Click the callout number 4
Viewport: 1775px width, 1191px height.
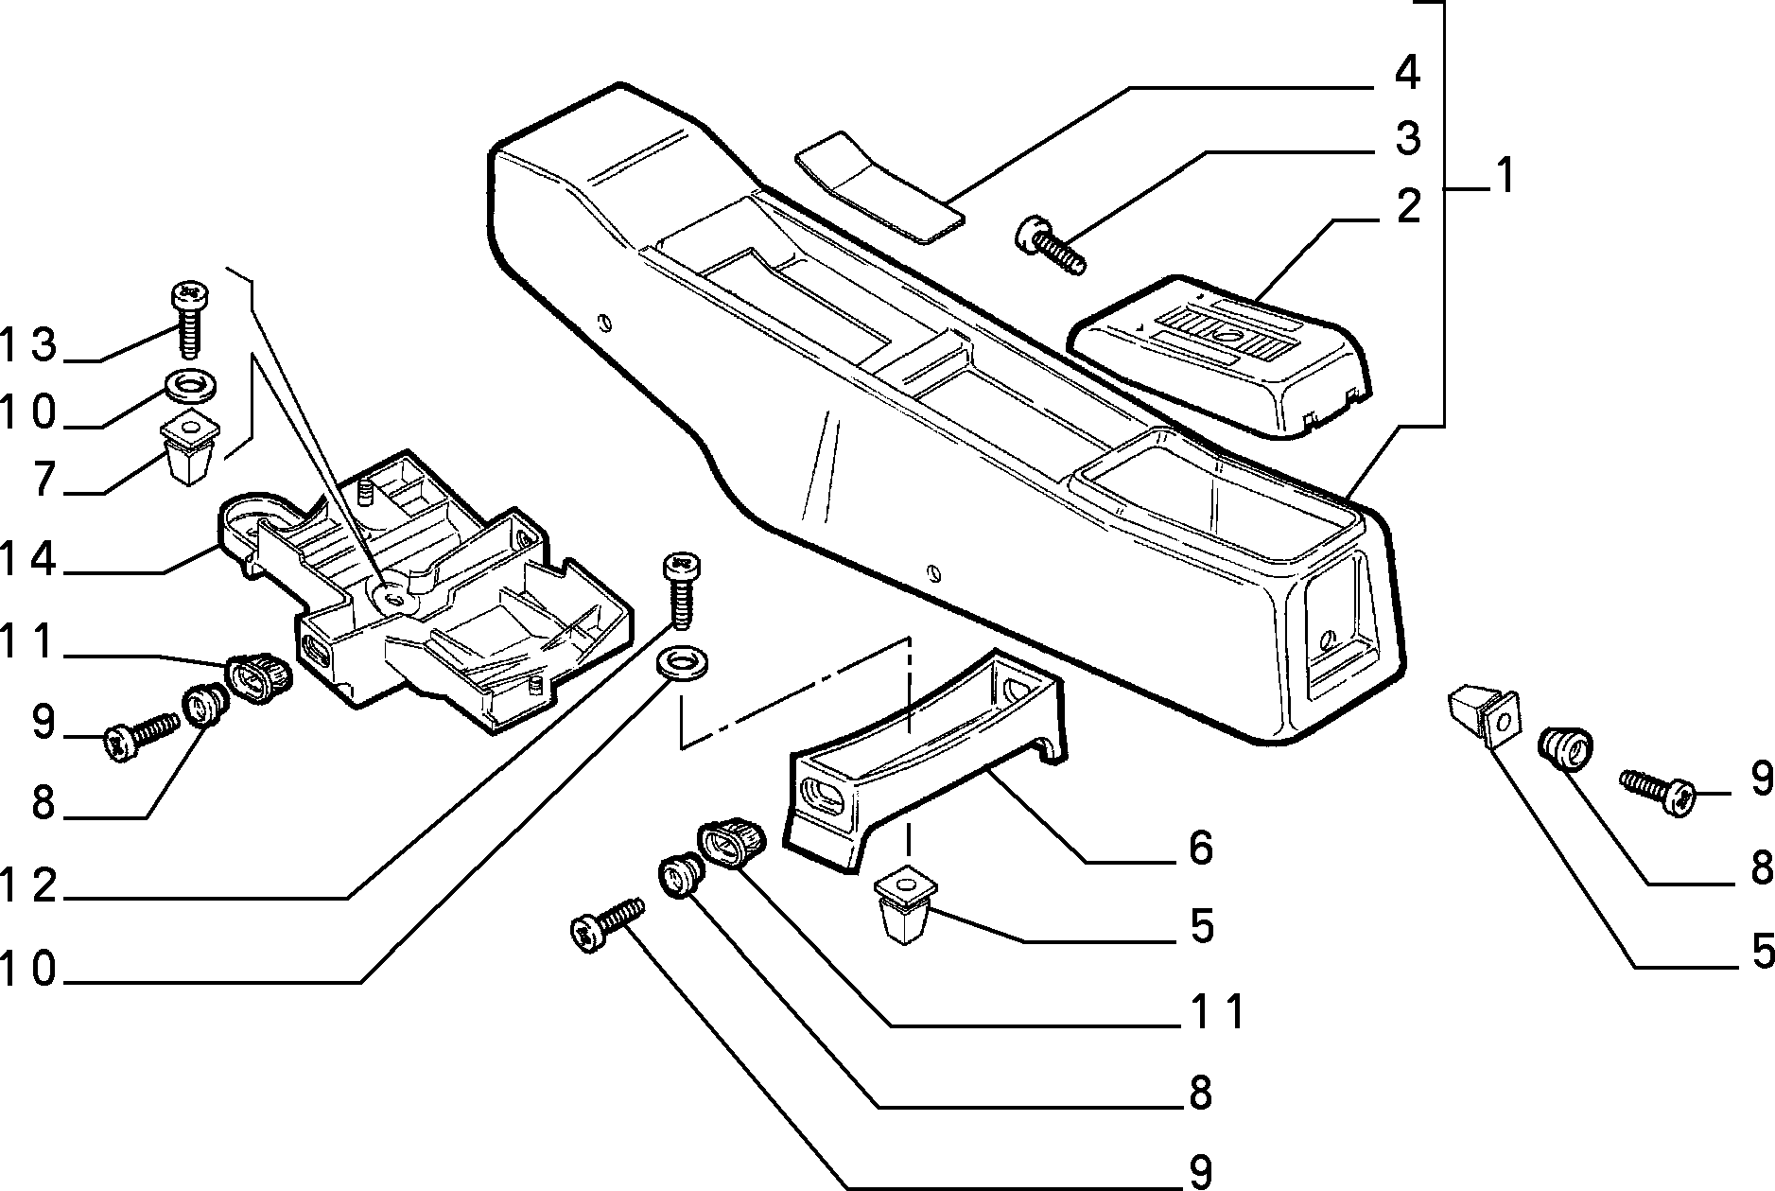tap(1406, 73)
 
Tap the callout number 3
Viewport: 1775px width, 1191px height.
tap(1407, 138)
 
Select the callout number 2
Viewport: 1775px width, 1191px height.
tap(1407, 206)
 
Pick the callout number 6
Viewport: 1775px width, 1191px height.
tap(1199, 848)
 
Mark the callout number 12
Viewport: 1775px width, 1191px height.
tap(29, 887)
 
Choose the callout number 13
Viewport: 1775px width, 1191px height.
tap(29, 346)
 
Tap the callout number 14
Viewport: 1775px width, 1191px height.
tap(29, 560)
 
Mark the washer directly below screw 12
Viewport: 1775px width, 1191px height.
tap(681, 662)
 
